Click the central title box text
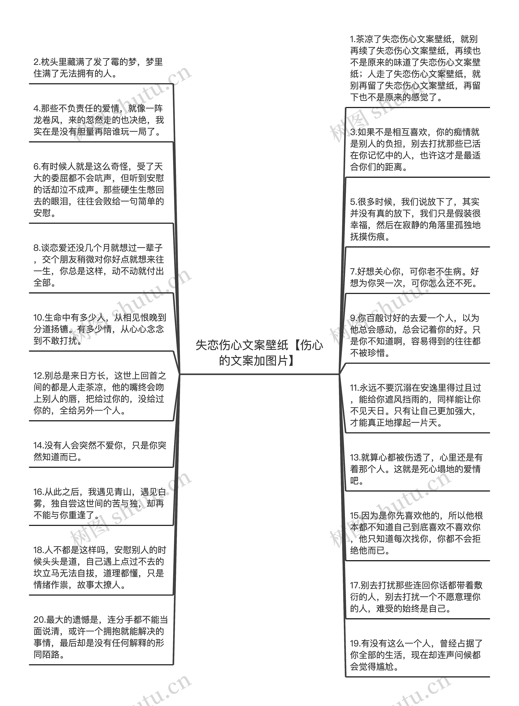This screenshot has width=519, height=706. tap(259, 353)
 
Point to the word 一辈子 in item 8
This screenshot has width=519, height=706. tap(150, 248)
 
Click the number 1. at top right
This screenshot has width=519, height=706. tap(353, 39)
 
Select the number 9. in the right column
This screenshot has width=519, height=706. tap(353, 318)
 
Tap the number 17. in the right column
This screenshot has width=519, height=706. tap(355, 585)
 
